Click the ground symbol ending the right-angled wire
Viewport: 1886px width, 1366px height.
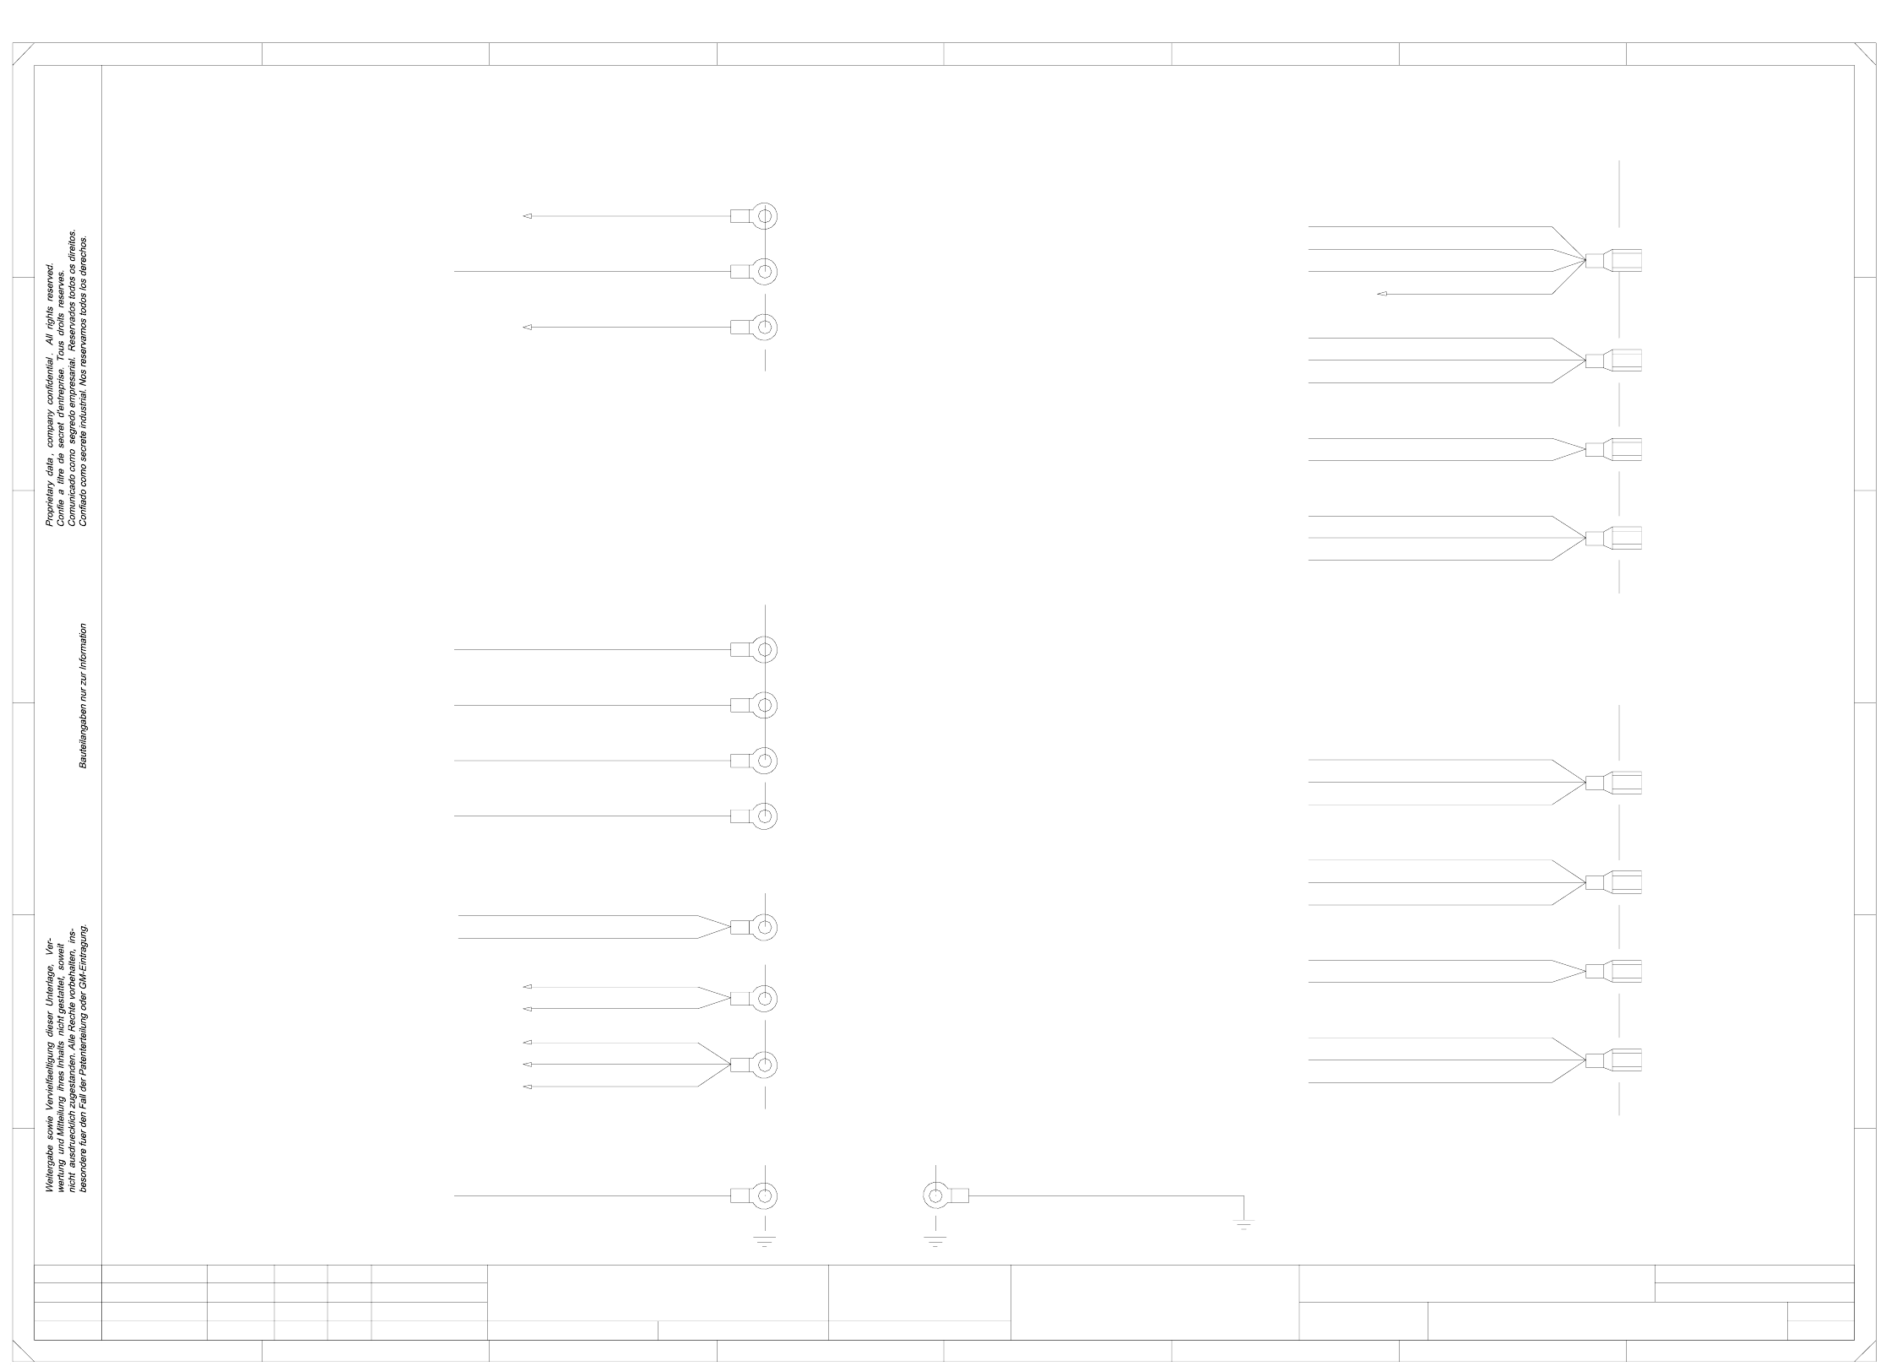click(1244, 1225)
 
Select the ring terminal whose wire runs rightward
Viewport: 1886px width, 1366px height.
click(935, 1195)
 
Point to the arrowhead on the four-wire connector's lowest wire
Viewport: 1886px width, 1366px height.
click(1381, 294)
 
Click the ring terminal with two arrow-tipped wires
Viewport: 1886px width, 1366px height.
click(764, 998)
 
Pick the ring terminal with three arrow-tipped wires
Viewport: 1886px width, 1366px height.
click(764, 1065)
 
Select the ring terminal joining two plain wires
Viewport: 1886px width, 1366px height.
click(764, 927)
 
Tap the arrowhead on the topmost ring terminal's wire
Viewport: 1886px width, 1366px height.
click(528, 216)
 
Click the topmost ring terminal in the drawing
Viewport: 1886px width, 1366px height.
click(764, 216)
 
